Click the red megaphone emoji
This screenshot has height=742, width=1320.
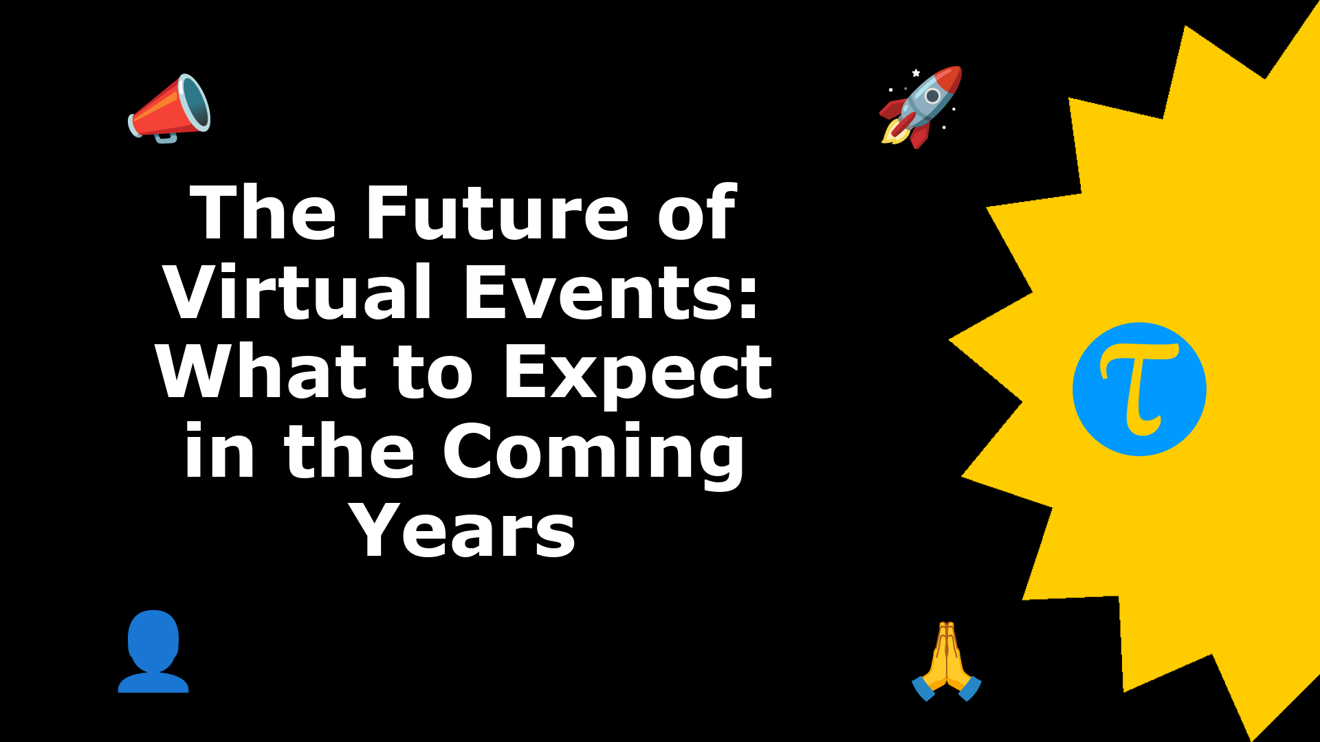169,109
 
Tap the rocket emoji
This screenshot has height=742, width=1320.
921,107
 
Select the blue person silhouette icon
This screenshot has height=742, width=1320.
153,651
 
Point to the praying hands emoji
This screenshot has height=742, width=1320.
947,661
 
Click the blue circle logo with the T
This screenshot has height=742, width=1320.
1139,389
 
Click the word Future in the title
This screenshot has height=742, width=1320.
497,214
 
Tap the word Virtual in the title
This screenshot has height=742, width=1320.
298,293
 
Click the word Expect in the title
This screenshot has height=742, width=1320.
639,375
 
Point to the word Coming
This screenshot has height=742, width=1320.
593,454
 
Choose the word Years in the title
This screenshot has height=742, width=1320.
463,531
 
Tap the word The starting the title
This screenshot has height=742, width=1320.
263,214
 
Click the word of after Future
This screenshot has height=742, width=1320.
696,214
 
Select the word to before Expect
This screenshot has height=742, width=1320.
433,375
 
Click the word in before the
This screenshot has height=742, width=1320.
220,452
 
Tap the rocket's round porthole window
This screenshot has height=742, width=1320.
932,95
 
